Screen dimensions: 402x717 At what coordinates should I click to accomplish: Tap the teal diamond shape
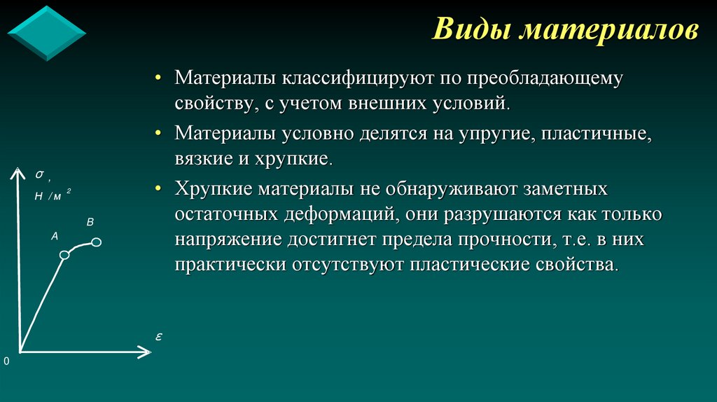point(46,33)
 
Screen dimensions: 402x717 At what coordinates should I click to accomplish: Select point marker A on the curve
point(64,255)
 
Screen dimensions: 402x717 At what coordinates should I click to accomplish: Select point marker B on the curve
point(97,242)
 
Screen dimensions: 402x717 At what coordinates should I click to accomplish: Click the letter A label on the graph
point(55,237)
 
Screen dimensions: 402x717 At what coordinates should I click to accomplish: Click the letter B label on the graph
point(90,222)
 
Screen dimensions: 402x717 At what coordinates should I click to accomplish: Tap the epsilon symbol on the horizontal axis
point(159,337)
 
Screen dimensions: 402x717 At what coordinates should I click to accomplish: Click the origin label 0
point(6,361)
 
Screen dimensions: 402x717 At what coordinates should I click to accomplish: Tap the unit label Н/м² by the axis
point(51,196)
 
